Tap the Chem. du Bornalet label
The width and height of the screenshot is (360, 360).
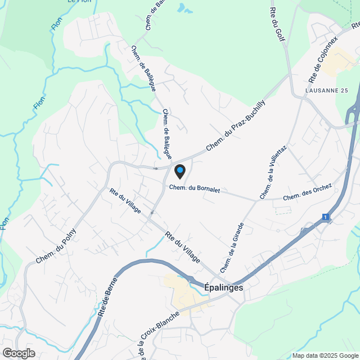click(x=194, y=189)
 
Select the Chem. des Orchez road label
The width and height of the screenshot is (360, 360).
click(x=308, y=193)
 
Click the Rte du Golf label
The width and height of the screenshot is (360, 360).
click(x=278, y=24)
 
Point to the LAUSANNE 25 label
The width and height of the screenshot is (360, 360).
click(x=327, y=91)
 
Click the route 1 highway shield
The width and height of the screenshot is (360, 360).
click(x=325, y=217)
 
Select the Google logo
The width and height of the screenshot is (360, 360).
click(x=19, y=353)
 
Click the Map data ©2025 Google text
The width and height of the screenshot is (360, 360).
click(x=325, y=355)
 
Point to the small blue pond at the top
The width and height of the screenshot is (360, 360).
click(x=182, y=8)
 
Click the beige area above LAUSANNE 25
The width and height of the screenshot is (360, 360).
click(x=337, y=60)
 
